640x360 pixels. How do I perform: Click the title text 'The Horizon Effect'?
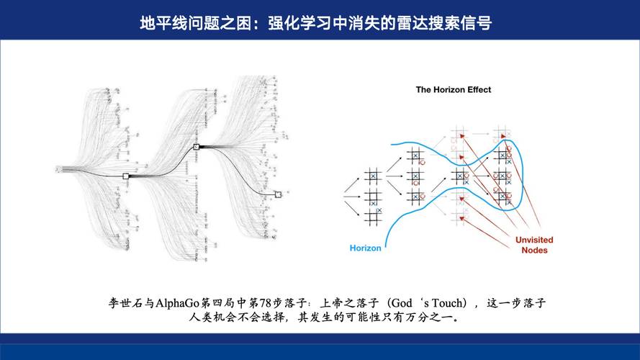click(454, 90)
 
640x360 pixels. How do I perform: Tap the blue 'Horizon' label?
click(366, 248)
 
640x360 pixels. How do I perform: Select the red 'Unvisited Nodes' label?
click(533, 246)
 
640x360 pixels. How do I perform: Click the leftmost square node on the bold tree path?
click(126, 176)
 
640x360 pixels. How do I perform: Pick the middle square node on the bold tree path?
click(196, 147)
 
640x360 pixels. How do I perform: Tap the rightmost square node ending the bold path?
click(278, 194)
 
